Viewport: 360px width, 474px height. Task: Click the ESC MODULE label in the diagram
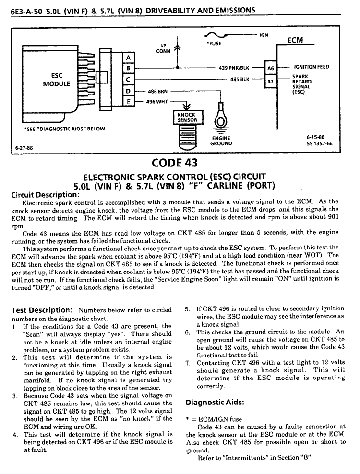point(56,80)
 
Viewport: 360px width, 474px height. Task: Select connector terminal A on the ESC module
point(129,58)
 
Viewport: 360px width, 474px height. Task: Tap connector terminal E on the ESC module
point(129,101)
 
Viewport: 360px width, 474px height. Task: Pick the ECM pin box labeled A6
point(270,68)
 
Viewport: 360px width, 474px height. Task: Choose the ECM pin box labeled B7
point(270,81)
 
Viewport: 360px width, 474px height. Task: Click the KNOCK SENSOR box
point(188,117)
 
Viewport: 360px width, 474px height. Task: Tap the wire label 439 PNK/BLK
point(234,68)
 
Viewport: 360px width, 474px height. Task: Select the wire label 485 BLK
point(240,80)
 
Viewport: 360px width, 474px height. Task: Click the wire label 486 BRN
point(157,91)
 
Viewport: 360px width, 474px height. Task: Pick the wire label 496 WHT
point(156,102)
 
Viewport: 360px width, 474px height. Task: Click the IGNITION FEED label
point(312,67)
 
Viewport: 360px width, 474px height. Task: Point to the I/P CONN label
point(163,48)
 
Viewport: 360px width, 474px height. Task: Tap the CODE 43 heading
point(174,163)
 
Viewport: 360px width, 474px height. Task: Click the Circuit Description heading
point(46,195)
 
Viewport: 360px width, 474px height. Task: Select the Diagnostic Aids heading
point(215,403)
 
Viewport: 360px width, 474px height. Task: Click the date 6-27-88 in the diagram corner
point(24,148)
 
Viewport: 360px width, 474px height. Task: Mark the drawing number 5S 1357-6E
point(320,143)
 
